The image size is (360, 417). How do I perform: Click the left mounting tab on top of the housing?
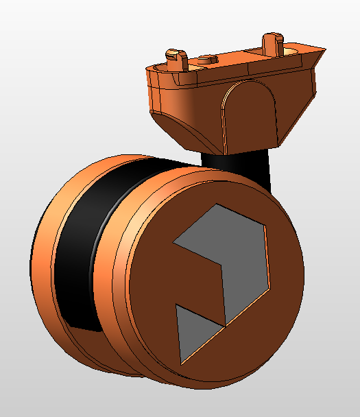pyautogui.click(x=176, y=56)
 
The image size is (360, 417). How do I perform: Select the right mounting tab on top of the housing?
pyautogui.click(x=274, y=42)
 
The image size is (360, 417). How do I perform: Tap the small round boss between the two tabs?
pyautogui.click(x=206, y=59)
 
